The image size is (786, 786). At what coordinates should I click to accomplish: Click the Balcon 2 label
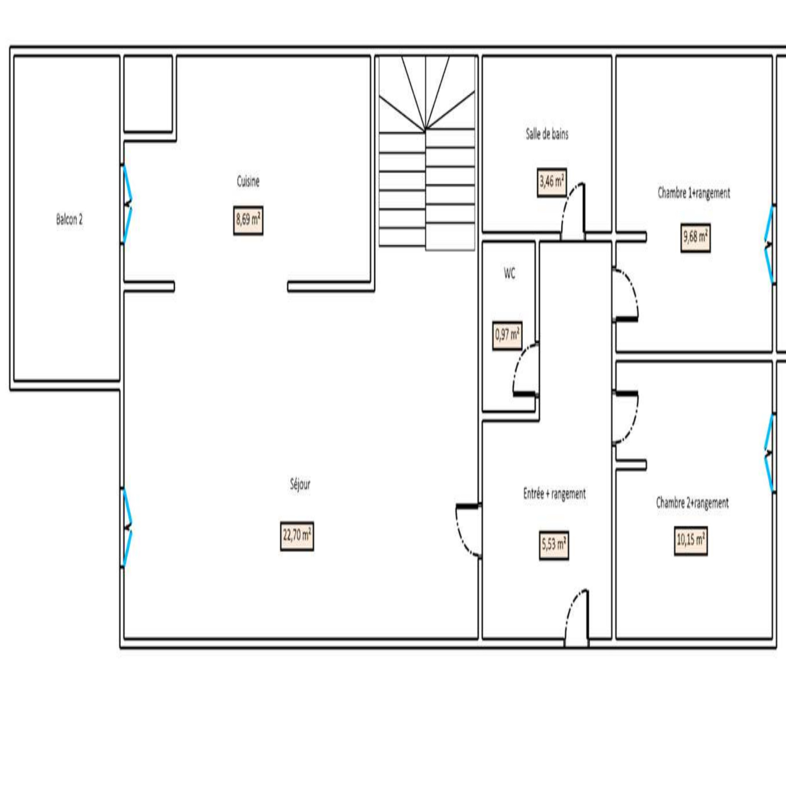(x=69, y=219)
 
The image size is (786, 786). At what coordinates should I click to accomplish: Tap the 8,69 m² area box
(x=248, y=220)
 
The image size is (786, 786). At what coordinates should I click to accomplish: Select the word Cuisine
(x=248, y=181)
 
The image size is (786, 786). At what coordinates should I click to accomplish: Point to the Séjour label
(x=300, y=484)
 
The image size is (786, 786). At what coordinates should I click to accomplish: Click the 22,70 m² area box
(x=297, y=536)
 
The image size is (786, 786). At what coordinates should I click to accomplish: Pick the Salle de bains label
(x=547, y=134)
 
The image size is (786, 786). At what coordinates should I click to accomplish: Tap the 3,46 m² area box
(x=552, y=182)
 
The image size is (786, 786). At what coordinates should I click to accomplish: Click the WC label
(x=509, y=274)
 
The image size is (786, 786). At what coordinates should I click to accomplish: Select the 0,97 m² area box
(x=507, y=336)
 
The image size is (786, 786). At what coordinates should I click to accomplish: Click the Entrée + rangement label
(x=555, y=494)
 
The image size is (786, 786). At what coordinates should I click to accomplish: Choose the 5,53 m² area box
(x=555, y=545)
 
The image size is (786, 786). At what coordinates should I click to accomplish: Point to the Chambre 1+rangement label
(x=694, y=193)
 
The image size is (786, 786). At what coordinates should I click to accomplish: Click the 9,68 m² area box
(x=696, y=238)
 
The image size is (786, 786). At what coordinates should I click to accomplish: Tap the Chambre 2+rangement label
(x=693, y=503)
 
